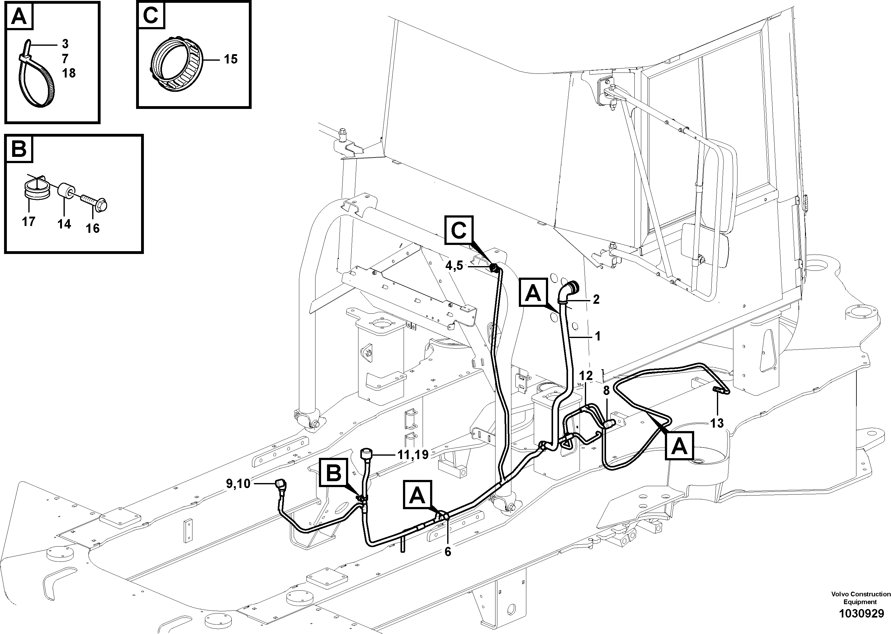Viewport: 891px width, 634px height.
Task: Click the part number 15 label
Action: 230,59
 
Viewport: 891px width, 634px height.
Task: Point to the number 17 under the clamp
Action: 29,222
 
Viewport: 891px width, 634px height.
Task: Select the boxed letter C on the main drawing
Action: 459,230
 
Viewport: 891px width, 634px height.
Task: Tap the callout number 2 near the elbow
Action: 596,299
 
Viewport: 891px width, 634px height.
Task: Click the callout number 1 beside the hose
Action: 597,336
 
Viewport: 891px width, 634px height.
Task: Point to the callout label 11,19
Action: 413,454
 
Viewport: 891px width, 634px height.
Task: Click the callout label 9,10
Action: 238,484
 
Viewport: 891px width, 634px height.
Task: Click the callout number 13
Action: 717,423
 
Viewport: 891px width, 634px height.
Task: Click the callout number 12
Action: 586,376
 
